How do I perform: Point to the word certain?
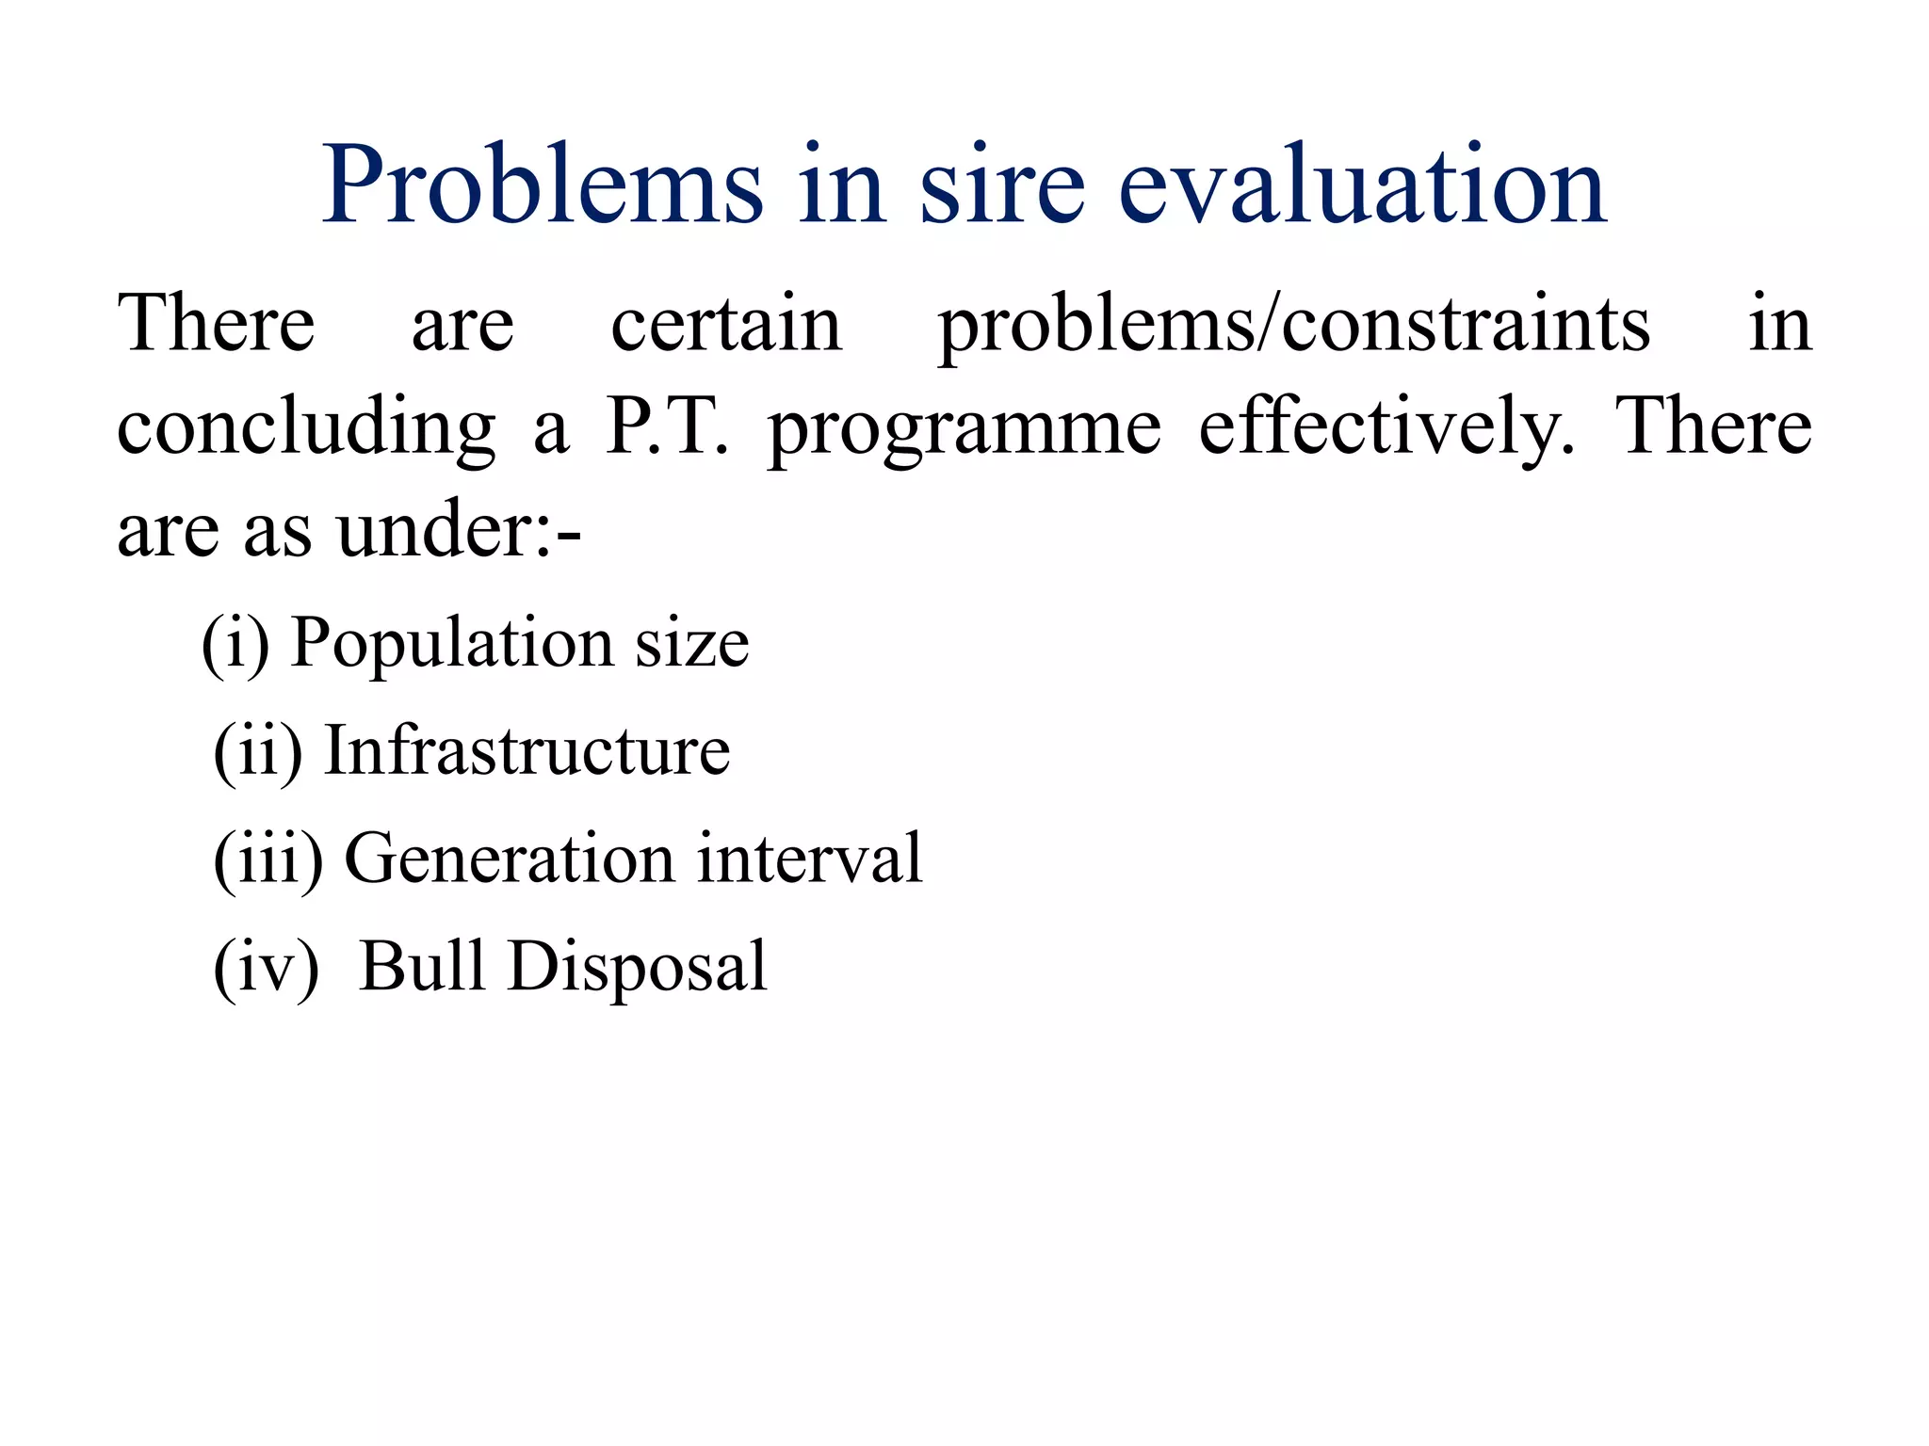point(726,325)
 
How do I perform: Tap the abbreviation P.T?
point(667,426)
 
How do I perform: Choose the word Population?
point(453,646)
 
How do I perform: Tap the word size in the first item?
point(692,646)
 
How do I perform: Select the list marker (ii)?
point(258,751)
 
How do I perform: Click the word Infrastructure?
point(527,751)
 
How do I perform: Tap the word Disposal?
point(638,968)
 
